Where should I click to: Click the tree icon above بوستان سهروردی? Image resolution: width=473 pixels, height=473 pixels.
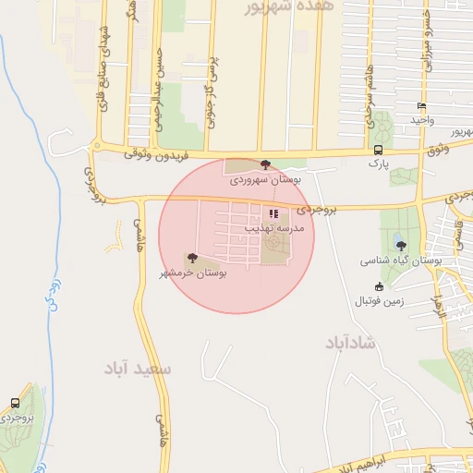click(x=266, y=164)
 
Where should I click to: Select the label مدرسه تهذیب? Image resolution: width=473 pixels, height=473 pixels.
click(x=271, y=225)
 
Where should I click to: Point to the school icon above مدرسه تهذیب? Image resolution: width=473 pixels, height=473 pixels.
click(x=273, y=213)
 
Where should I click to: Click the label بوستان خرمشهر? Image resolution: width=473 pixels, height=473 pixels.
click(x=192, y=273)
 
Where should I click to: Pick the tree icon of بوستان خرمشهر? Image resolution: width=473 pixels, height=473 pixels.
click(x=192, y=259)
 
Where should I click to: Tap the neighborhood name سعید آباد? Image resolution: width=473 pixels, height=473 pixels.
click(x=139, y=369)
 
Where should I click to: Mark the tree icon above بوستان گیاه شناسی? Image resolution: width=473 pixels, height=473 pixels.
click(x=400, y=245)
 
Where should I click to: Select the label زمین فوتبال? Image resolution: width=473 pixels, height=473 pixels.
click(x=379, y=300)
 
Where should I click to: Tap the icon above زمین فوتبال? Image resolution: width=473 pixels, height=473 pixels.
click(x=379, y=285)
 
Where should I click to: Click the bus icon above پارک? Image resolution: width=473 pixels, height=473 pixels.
click(x=378, y=150)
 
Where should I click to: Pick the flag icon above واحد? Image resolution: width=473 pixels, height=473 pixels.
click(x=422, y=106)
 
